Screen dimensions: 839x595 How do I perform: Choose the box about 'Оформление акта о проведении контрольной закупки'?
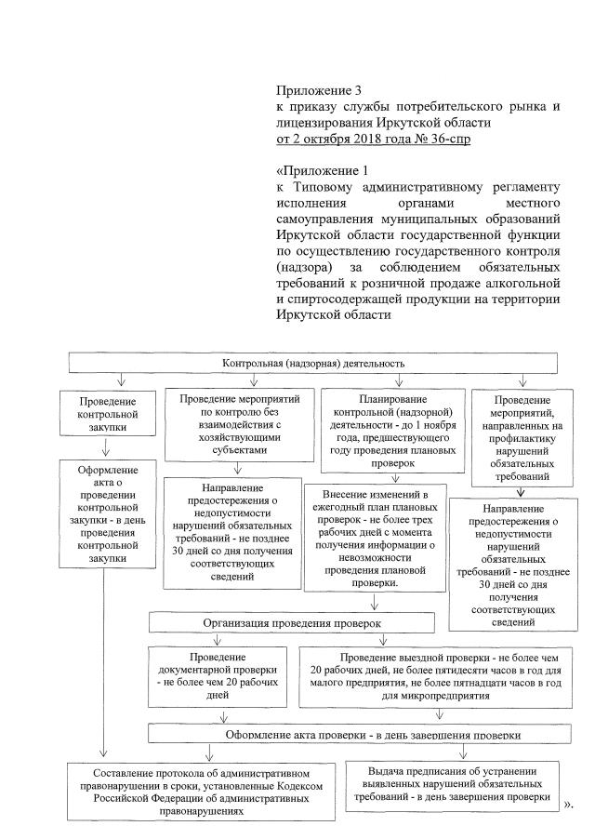click(x=108, y=513)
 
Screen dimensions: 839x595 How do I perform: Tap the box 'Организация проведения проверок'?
click(x=292, y=621)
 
